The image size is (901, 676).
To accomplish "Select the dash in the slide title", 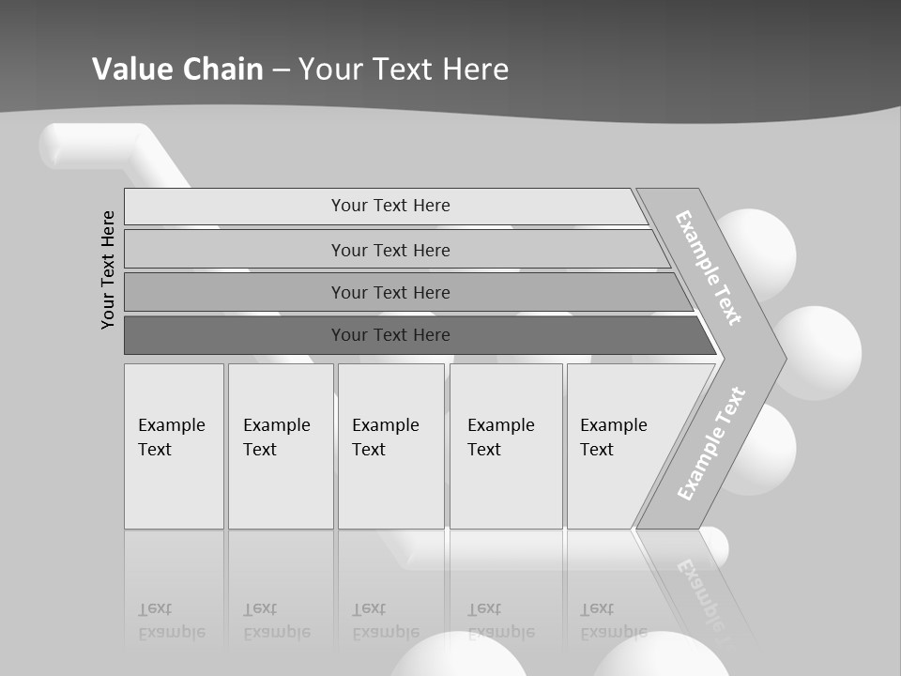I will pos(281,69).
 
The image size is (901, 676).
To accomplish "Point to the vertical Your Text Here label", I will pos(109,269).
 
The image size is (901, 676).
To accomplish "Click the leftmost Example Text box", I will pos(174,445).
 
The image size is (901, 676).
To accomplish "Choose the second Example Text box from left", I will pos(281,445).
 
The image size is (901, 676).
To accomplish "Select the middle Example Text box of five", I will pos(390,445).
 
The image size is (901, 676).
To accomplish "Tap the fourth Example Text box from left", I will pos(506,445).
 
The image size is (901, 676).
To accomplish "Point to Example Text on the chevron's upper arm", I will pos(709,268).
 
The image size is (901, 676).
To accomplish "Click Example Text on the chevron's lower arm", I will pos(711,443).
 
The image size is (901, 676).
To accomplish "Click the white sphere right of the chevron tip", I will pos(819,352).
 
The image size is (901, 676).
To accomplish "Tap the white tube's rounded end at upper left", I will pos(54,146).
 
